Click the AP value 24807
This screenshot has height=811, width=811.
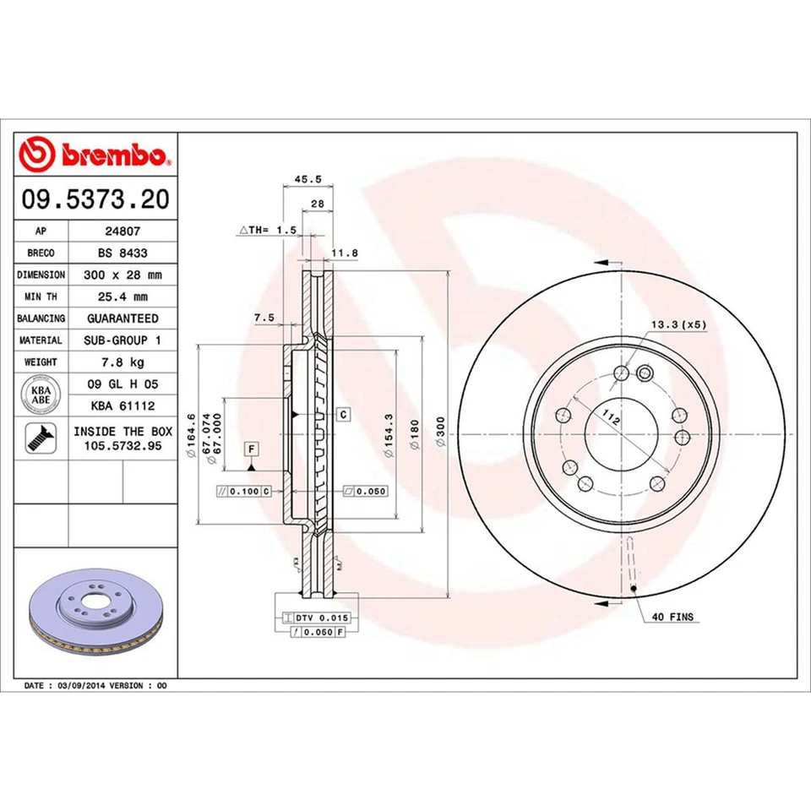[122, 231]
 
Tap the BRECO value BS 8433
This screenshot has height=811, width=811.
[122, 253]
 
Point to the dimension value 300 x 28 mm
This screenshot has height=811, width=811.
[122, 275]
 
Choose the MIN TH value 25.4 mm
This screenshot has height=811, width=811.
[122, 297]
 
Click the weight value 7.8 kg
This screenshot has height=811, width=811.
[122, 362]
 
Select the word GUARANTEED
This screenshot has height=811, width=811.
[122, 318]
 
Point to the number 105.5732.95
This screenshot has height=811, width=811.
[122, 445]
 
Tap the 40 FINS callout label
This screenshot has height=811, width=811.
[672, 618]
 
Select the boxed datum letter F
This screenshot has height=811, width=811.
[252, 447]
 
